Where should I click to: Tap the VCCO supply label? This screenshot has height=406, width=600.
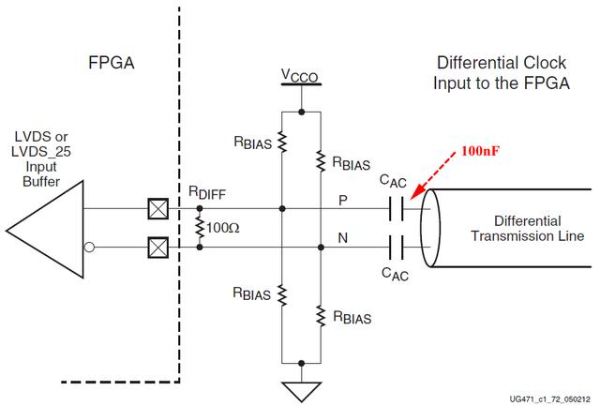301,74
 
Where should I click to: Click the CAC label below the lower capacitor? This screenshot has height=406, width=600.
393,274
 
